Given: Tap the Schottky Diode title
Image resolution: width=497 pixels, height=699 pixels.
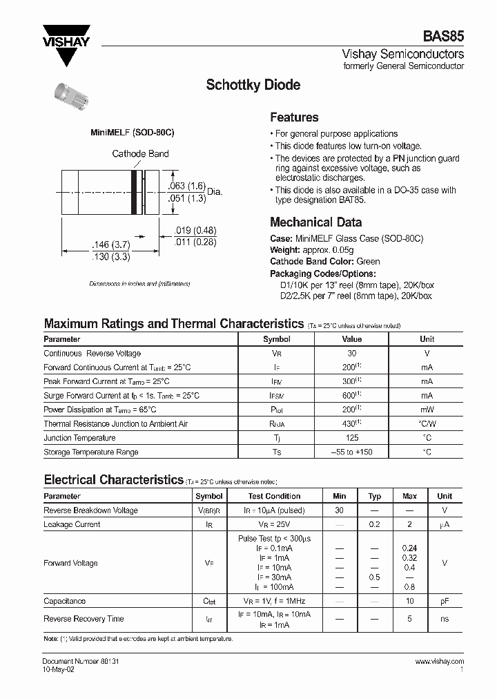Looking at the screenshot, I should point(253,85).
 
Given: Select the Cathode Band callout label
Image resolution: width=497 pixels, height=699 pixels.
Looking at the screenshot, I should point(140,154).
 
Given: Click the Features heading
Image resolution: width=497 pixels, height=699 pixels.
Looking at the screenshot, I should point(294,117).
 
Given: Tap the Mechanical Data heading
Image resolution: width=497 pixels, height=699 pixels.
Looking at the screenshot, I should point(315,222).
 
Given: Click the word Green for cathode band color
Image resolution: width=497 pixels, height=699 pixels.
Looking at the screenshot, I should point(368,262).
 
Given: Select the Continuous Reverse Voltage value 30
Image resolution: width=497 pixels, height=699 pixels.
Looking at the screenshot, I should point(351,354).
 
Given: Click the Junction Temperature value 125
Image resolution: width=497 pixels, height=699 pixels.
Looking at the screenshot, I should point(351,438).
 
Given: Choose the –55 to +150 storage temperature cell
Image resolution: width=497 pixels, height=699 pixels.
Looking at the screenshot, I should point(351,452).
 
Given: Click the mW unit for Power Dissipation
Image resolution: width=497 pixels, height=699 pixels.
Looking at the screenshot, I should point(427,410).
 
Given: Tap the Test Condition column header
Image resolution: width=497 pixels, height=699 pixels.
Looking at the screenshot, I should point(274,496).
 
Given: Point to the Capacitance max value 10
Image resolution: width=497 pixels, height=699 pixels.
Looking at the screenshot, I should point(409,601).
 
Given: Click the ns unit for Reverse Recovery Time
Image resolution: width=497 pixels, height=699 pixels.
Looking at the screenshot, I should point(445,620).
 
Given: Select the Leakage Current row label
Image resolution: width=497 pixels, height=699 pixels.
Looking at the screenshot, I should point(72,524).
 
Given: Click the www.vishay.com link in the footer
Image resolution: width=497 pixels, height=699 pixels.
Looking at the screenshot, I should point(440,661).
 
